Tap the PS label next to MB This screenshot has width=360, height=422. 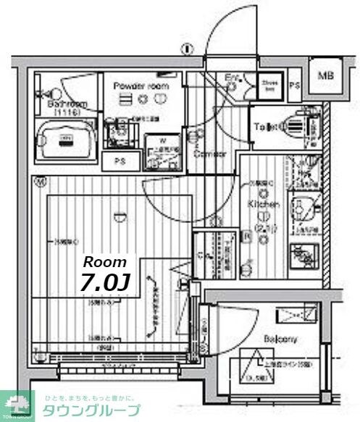pos(294,85)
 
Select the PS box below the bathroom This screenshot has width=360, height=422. pos(117,161)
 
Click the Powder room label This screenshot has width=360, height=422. pos(141,85)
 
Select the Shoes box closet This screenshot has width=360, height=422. pos(269,85)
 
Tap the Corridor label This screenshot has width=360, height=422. pos(209,153)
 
